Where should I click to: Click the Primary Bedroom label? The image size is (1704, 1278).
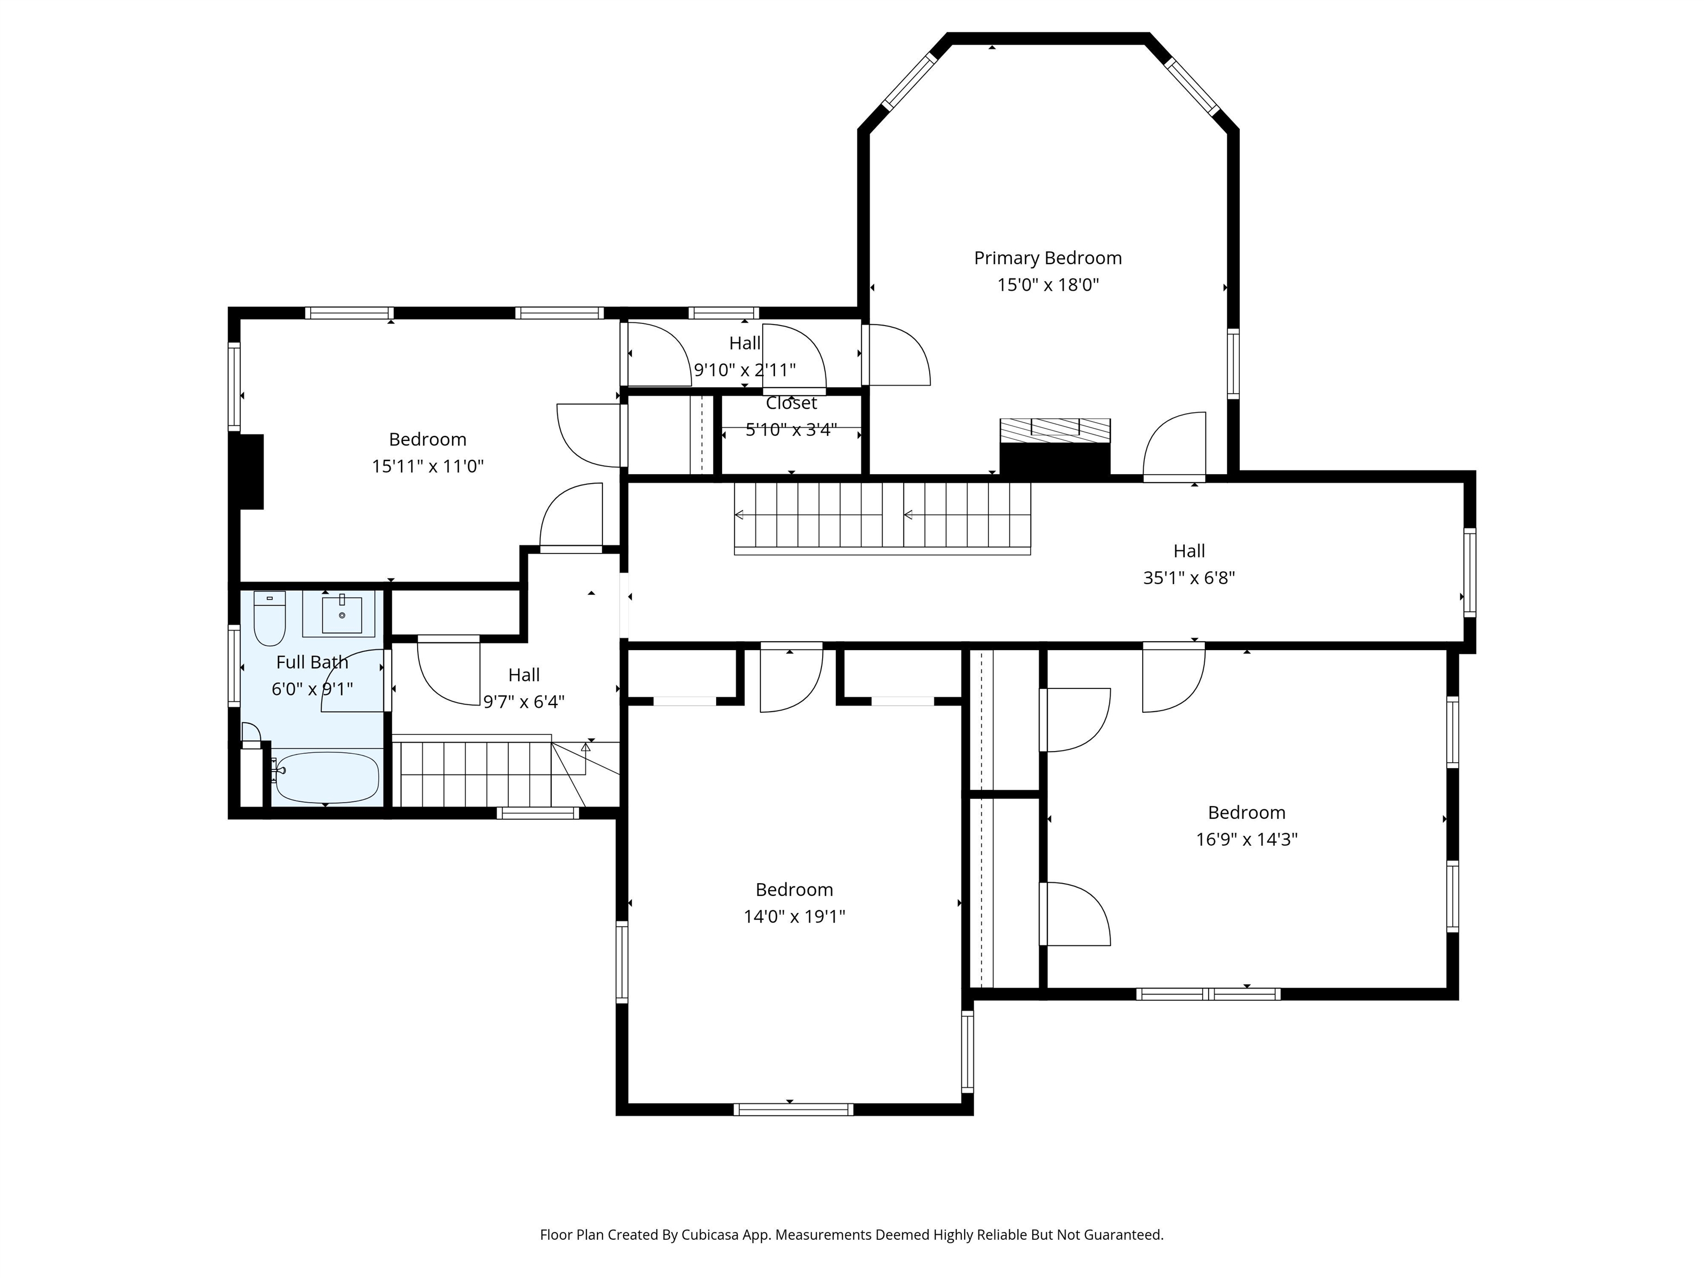(1048, 258)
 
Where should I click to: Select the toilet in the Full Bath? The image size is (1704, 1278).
(270, 618)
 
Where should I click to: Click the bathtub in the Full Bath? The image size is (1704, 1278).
(327, 777)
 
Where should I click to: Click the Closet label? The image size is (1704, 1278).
(791, 403)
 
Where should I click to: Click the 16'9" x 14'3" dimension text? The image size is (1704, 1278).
(1246, 839)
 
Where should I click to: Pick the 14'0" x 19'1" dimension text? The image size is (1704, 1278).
(794, 916)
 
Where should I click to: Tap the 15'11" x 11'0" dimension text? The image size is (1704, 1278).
(428, 466)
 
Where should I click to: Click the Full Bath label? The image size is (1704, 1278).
(312, 662)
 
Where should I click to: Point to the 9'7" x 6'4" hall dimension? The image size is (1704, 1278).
(524, 702)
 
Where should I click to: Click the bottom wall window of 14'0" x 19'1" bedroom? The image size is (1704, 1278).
(793, 1109)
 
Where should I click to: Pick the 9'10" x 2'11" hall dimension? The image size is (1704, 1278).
(745, 371)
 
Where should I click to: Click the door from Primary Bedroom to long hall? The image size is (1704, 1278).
(1174, 447)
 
